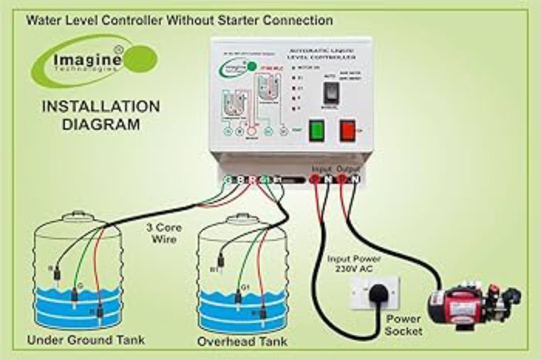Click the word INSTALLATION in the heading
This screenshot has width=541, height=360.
coord(101,106)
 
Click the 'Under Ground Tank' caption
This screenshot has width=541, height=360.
coord(86,340)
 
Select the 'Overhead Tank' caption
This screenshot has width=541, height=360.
coord(242,341)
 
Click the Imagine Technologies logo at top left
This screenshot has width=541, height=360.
coord(94,61)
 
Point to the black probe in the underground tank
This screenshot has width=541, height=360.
coord(56,275)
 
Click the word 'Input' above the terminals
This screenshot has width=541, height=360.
coord(321,169)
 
